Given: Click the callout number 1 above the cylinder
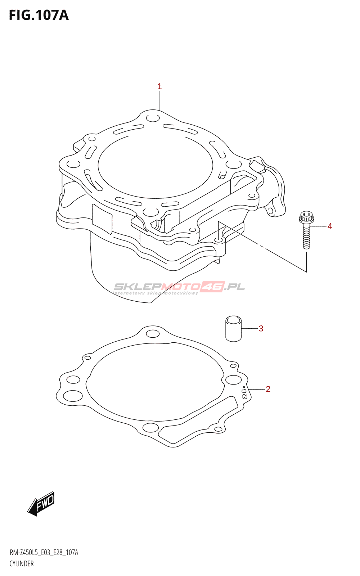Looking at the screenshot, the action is click(159, 87).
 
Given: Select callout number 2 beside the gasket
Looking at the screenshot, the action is click(268, 389).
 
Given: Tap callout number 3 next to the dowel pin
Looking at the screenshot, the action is click(261, 328).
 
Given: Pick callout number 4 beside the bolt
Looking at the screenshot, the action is click(330, 226).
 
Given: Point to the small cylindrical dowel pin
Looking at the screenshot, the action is click(234, 329).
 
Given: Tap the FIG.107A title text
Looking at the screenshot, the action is click(39, 15).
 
